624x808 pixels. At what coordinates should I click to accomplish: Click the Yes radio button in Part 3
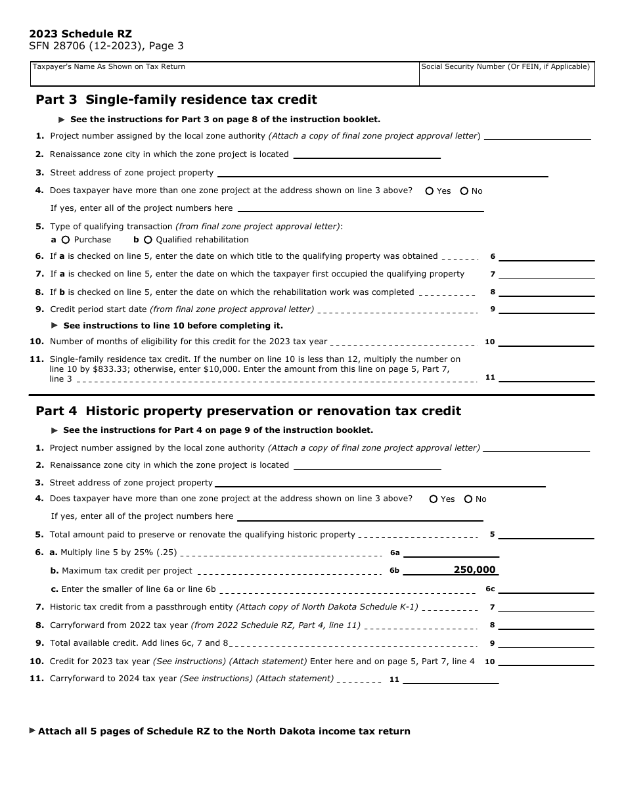(430, 191)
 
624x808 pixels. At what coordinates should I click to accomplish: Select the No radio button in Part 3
(464, 191)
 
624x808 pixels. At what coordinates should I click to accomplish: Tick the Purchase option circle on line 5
(66, 240)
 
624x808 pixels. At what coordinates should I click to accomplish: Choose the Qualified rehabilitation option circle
(148, 240)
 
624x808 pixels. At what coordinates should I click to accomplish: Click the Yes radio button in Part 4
(434, 499)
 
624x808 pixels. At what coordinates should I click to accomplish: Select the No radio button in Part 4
(468, 499)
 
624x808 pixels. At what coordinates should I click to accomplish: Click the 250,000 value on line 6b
(474, 570)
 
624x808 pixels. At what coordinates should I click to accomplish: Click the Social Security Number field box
(506, 74)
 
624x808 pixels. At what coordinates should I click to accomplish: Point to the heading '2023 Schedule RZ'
(80, 34)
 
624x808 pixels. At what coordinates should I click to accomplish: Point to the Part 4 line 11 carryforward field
(451, 679)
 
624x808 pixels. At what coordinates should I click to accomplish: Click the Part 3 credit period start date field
(546, 309)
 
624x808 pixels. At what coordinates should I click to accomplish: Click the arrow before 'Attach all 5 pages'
(33, 730)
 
